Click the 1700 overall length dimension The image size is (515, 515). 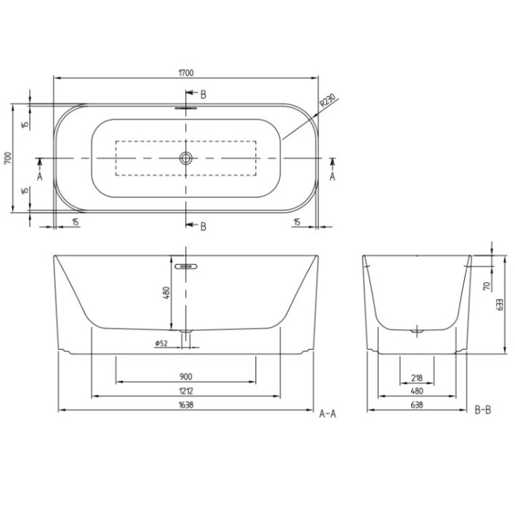(187, 72)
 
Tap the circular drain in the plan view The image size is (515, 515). (187, 158)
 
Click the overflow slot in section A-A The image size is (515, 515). (187, 265)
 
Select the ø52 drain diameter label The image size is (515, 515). (161, 344)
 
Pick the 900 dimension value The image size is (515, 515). (185, 377)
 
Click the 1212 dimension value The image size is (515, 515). (185, 391)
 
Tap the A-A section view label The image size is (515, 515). (328, 412)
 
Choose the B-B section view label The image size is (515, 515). (483, 410)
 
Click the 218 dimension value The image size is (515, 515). (417, 377)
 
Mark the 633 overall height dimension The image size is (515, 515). (501, 303)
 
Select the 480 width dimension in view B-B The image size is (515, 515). (417, 391)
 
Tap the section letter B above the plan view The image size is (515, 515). (203, 94)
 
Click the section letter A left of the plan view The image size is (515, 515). (40, 175)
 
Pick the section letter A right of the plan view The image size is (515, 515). (333, 175)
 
